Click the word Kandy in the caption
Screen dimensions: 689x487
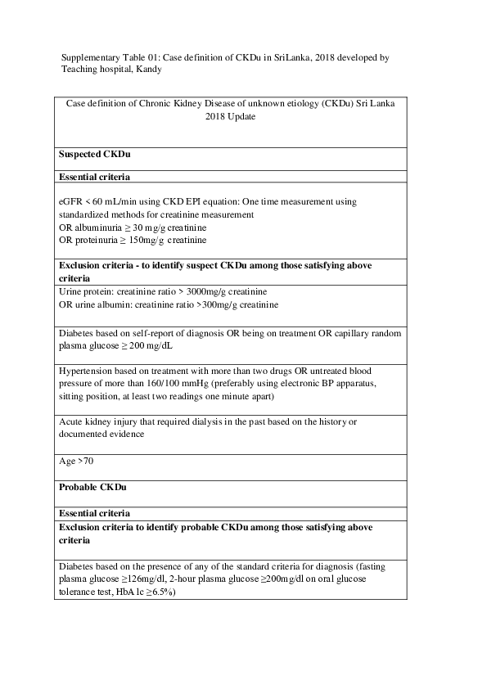point(148,70)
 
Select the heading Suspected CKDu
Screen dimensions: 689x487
point(95,154)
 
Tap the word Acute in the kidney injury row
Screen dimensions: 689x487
point(72,421)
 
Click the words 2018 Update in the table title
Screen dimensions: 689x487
point(230,116)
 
